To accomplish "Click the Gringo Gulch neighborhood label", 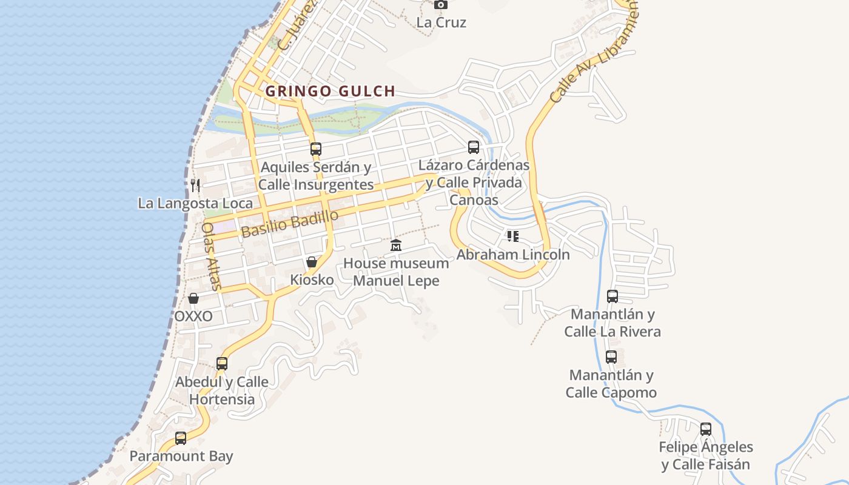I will coord(331,92).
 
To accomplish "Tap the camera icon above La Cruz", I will coord(441,4).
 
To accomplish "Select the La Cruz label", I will coord(441,22).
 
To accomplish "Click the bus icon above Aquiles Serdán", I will coord(315,149).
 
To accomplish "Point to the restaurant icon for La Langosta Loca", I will coord(195,185).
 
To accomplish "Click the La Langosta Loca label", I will coord(195,203).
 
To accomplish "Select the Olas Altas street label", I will coord(212,255).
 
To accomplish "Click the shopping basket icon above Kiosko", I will coord(311,262).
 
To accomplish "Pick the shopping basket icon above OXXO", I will coord(193,298).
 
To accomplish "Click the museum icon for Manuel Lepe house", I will coord(396,245).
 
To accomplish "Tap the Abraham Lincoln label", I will coord(513,255).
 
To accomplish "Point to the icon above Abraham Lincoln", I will coord(513,236).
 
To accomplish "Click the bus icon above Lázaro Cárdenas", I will coord(474,147).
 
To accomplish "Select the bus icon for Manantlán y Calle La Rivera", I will coord(612,296).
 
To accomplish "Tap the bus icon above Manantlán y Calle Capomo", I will coord(611,357).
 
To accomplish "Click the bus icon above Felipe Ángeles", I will coord(706,429).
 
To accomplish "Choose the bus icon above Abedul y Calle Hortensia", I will coord(222,364).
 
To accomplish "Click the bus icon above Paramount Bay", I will coord(181,438).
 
